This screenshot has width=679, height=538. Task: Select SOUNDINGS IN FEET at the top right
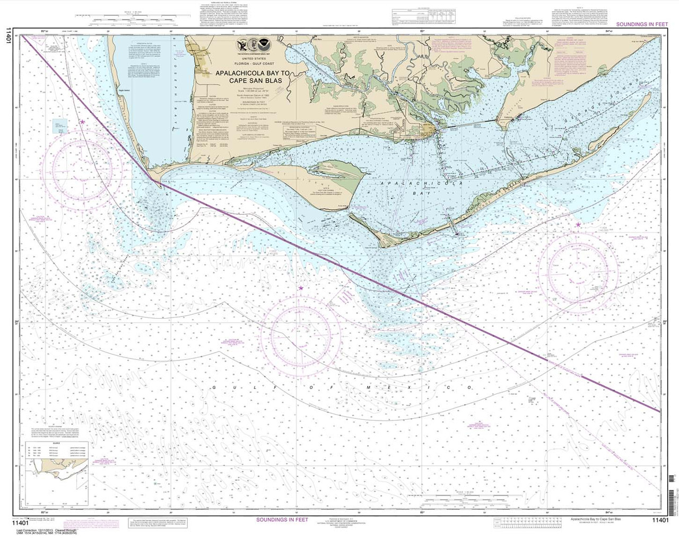coord(642,24)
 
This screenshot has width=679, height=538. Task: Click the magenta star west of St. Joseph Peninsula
coord(82,122)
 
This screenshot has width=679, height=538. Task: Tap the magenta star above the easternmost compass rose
coord(578,225)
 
